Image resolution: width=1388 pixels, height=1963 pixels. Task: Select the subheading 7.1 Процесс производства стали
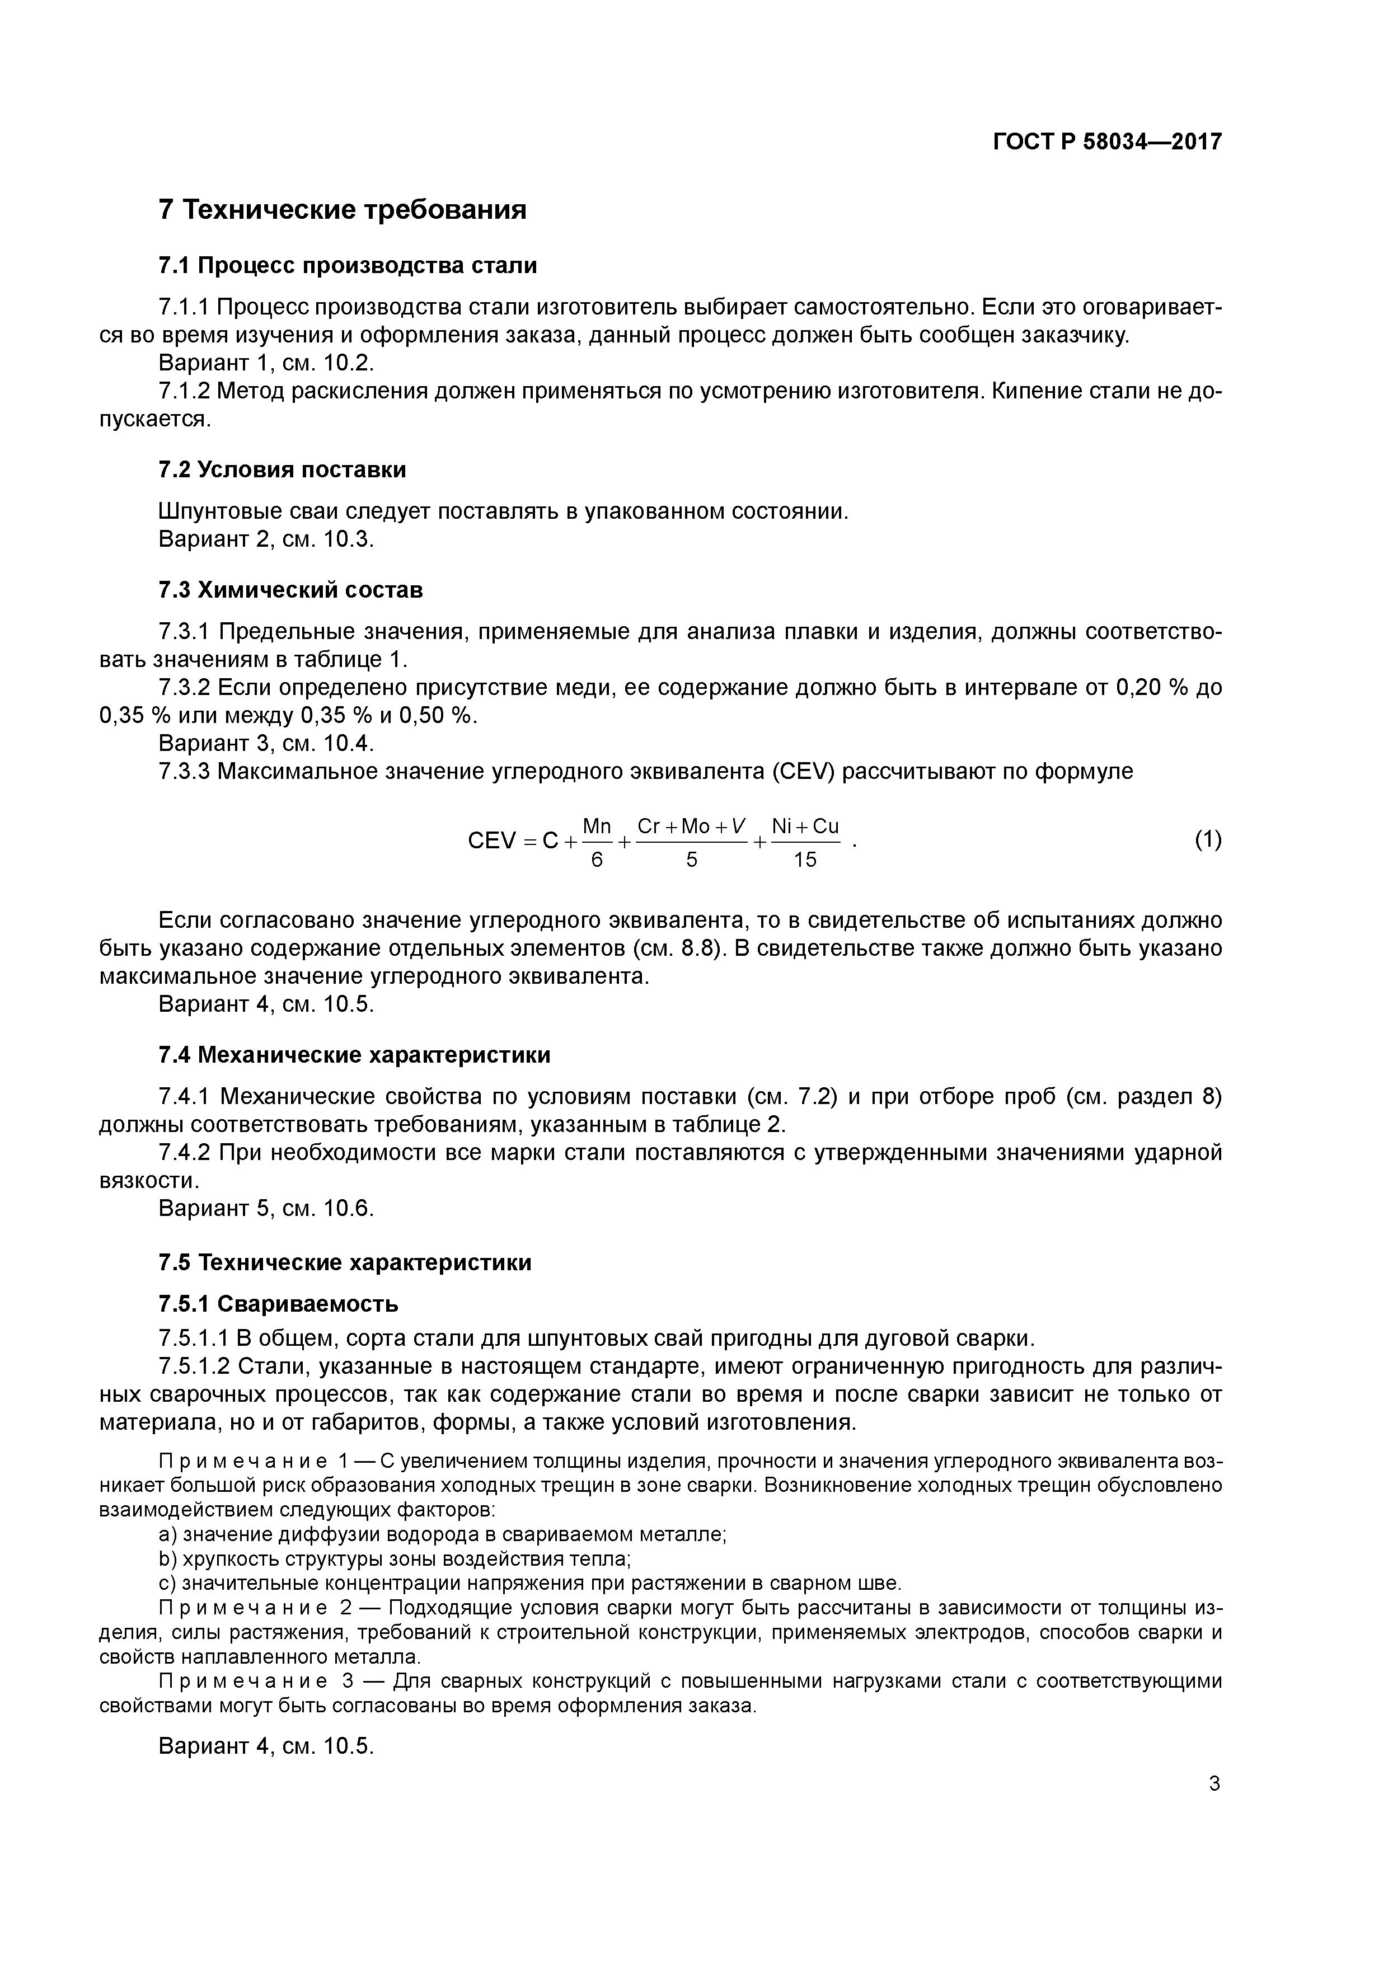[347, 266]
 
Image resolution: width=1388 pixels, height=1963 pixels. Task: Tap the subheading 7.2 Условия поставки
[282, 469]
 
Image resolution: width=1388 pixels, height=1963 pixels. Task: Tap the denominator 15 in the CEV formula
[805, 860]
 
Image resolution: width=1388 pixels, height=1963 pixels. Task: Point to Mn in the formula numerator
[597, 826]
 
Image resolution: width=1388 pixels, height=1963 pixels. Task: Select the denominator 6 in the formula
[597, 860]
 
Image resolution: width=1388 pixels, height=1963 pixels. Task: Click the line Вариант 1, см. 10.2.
[267, 363]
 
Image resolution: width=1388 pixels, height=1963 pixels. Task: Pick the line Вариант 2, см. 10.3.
[267, 539]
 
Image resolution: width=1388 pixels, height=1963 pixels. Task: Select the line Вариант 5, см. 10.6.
[267, 1208]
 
